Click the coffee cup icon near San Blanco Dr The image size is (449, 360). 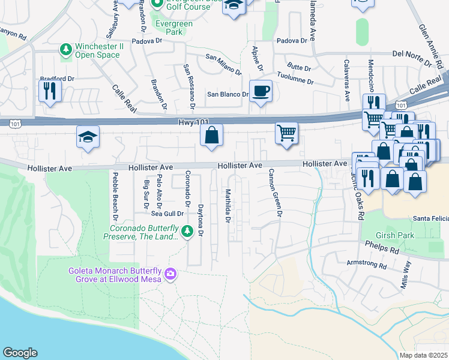[260, 92]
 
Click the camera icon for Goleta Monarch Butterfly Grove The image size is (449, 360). [171, 274]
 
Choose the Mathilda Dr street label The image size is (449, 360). [228, 206]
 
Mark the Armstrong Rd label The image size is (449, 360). [365, 263]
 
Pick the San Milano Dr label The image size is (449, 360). [223, 65]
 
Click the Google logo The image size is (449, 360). [20, 353]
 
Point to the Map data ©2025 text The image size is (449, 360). [423, 355]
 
